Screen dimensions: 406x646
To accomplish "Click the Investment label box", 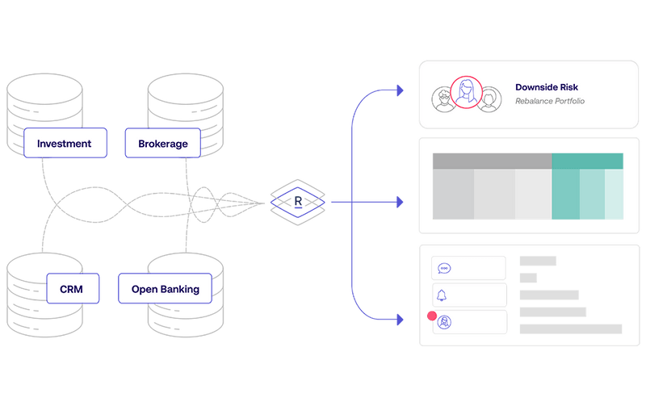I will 64,144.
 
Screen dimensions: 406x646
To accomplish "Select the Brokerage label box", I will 161,144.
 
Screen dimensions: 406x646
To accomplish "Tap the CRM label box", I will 78,288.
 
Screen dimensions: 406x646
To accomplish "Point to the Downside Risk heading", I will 547,86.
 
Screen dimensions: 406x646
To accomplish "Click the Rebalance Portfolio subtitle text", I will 549,102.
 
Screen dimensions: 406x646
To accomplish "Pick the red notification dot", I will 430,316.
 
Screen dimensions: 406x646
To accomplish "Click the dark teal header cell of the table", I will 588,161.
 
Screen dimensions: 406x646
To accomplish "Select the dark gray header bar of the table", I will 491,161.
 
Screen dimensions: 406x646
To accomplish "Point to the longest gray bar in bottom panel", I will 570,329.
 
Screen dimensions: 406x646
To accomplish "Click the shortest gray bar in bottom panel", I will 528,278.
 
